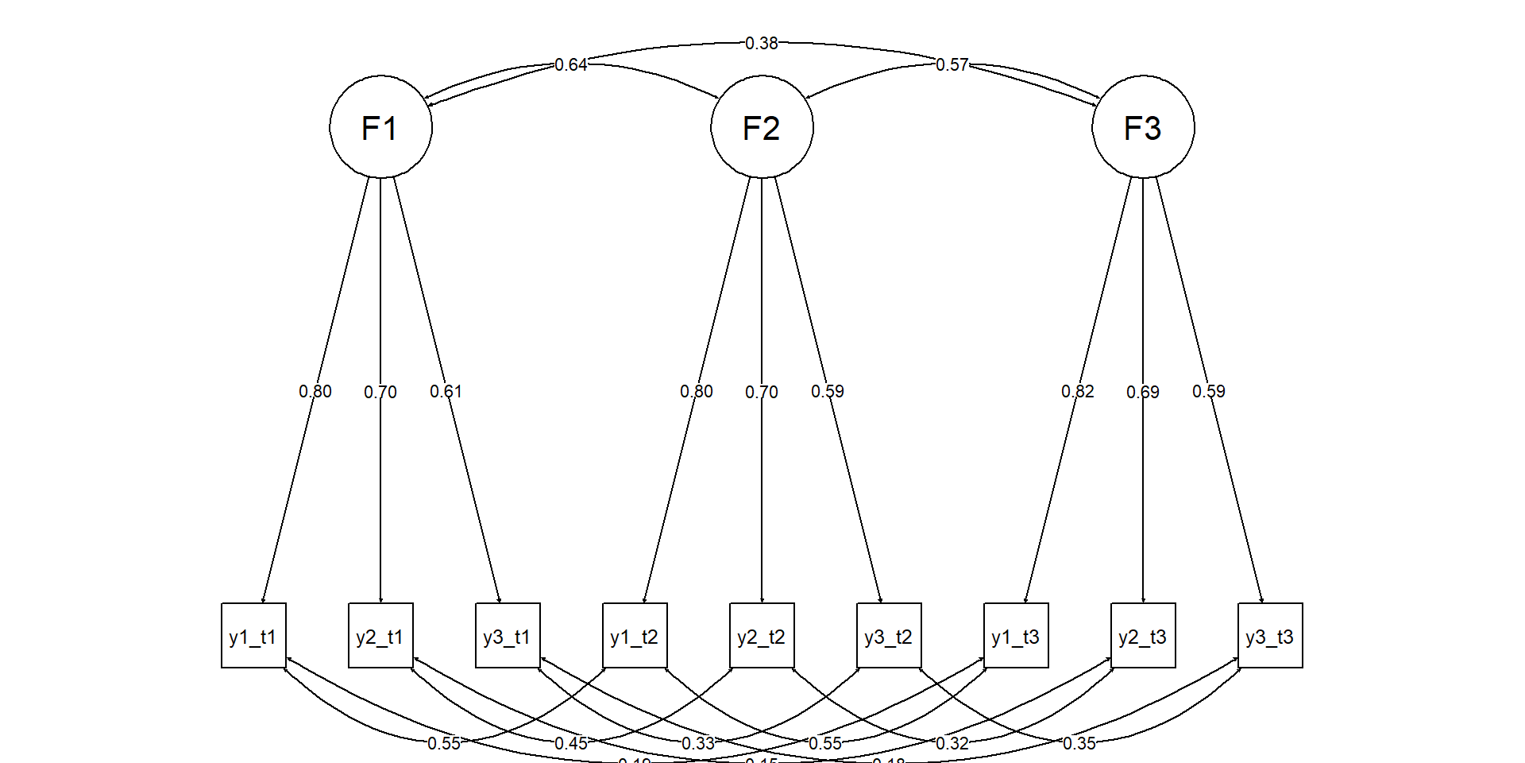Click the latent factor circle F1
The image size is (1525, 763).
380,127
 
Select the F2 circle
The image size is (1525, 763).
762,127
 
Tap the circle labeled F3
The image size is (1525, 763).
1143,127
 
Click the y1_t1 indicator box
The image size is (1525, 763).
253,636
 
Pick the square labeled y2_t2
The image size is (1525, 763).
762,636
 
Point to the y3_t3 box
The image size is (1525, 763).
1270,636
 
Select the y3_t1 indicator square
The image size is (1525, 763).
508,636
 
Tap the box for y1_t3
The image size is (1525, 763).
1016,636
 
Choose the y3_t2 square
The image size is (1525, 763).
889,636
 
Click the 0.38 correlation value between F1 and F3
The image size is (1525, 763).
762,43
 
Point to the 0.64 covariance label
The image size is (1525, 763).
571,64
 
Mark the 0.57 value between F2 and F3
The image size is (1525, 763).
952,64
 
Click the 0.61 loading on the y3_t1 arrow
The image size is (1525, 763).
446,391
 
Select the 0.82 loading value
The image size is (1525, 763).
1078,391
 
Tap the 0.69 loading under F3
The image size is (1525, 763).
1143,392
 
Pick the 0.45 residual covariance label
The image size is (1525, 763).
571,743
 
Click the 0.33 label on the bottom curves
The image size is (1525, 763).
698,743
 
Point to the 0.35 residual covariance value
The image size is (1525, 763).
1079,743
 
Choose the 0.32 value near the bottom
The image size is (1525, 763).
952,743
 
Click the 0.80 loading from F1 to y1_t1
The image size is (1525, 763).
315,391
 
